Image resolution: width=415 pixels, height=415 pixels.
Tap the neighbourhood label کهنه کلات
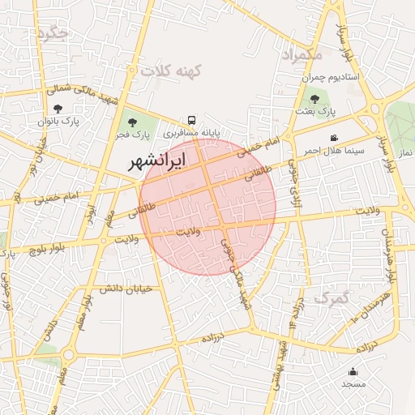[x=169, y=71]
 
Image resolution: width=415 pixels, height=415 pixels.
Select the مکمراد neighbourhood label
[x=301, y=54]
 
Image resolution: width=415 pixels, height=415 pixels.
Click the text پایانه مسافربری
[x=192, y=131]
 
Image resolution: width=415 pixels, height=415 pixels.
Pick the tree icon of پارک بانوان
[x=58, y=108]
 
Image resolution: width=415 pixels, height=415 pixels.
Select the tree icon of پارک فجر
[x=133, y=122]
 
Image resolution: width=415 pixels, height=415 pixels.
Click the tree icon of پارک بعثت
[x=314, y=98]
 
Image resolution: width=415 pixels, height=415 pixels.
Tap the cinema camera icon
[x=334, y=138]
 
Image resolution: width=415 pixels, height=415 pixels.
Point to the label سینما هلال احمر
[x=334, y=151]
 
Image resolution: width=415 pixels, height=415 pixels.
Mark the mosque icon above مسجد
[x=353, y=371]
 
